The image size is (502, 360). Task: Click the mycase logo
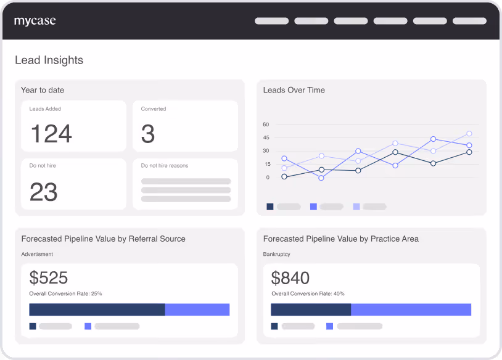(35, 21)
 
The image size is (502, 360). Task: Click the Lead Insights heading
(49, 60)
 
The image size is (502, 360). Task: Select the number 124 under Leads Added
(51, 133)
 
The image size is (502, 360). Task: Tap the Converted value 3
(148, 133)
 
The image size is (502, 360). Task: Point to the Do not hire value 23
(44, 192)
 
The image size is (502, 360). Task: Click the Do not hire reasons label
(165, 165)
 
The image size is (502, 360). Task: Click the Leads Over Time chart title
(294, 90)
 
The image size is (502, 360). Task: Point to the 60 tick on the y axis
(266, 125)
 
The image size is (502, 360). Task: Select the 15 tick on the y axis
(268, 164)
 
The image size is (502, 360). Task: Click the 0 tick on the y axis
(268, 178)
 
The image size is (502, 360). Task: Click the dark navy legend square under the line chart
(270, 207)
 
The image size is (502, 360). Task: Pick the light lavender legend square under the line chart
(356, 207)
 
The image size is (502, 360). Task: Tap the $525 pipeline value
(49, 277)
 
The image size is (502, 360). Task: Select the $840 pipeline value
(290, 277)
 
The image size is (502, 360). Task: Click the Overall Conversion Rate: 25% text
(65, 293)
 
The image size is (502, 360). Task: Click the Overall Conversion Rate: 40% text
(308, 293)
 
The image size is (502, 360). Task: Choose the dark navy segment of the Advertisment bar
(97, 309)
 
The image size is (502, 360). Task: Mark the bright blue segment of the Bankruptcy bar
(411, 309)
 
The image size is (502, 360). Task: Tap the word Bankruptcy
(277, 254)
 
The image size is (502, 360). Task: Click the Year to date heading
(43, 90)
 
